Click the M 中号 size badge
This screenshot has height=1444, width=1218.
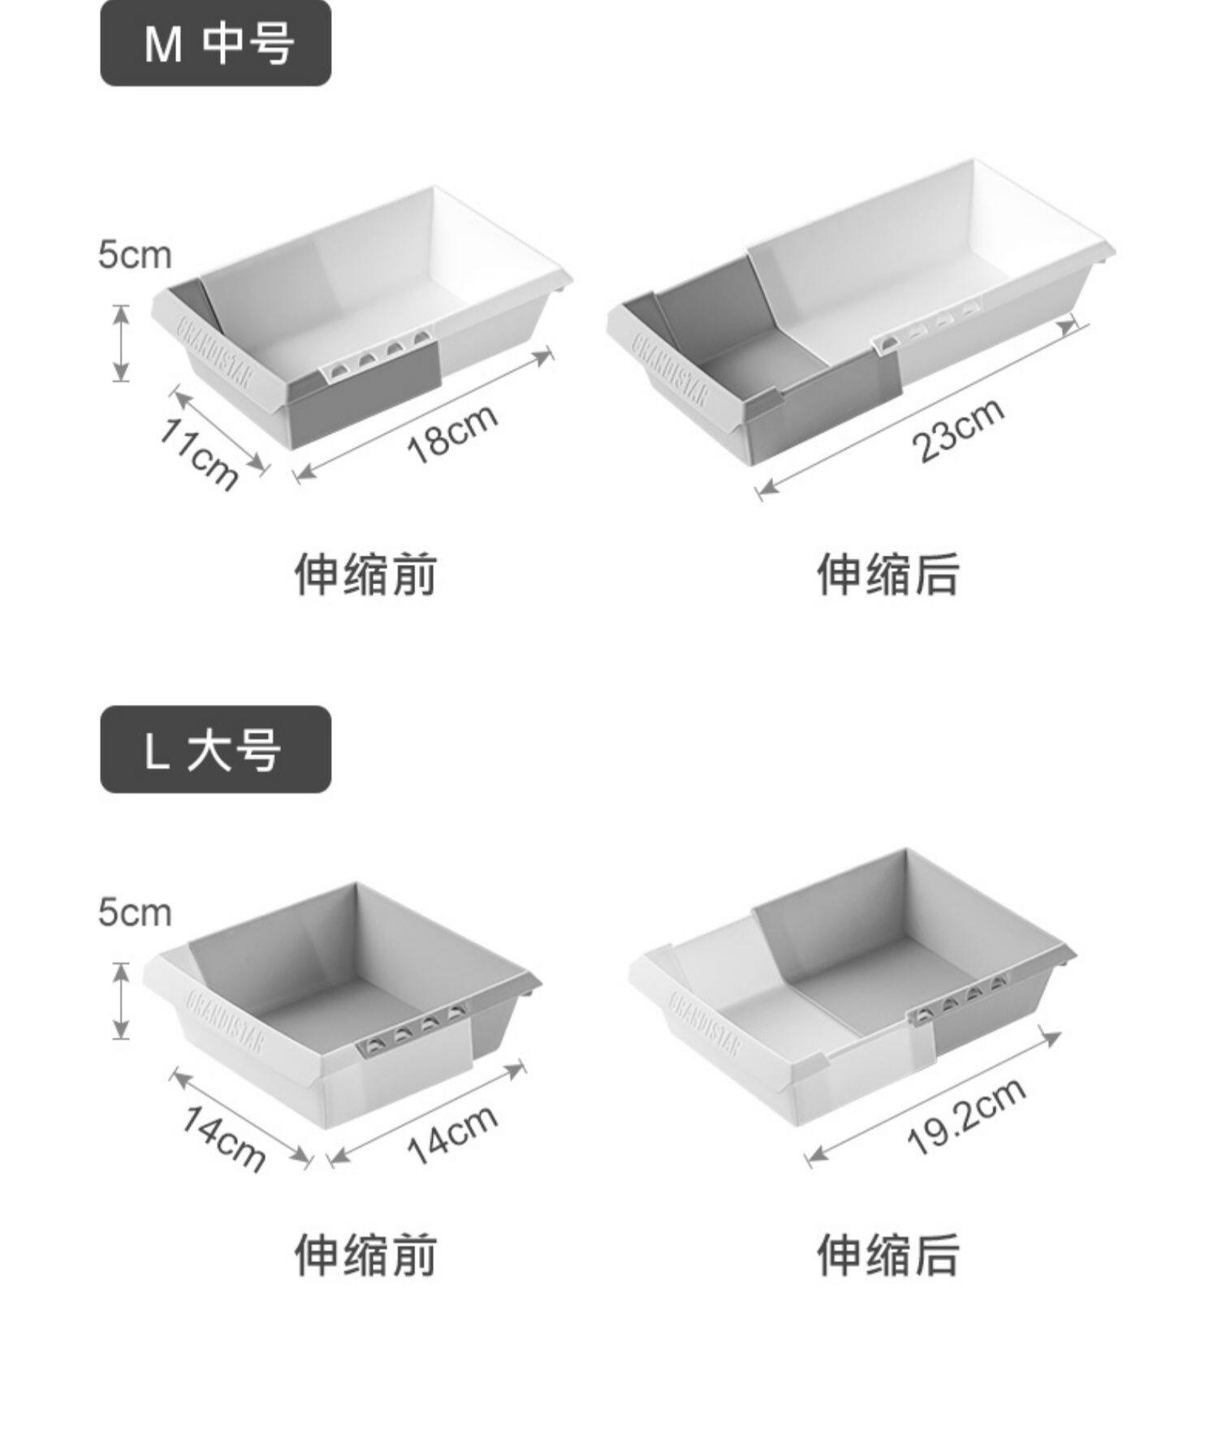pyautogui.click(x=215, y=42)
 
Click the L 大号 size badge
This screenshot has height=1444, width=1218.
pyautogui.click(x=215, y=748)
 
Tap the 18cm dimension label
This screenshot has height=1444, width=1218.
pyautogui.click(x=452, y=433)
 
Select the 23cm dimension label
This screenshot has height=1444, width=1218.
pyautogui.click(x=959, y=430)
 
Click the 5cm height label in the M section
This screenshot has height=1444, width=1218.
pyautogui.click(x=135, y=255)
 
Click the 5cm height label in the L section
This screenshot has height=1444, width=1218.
pyautogui.click(x=135, y=912)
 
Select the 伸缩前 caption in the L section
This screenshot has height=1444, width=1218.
pyautogui.click(x=365, y=1254)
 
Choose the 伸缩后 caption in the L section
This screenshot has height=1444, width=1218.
pyautogui.click(x=888, y=1254)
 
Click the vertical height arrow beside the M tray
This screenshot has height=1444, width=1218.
pyautogui.click(x=121, y=343)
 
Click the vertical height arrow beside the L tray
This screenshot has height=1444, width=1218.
pyautogui.click(x=121, y=1000)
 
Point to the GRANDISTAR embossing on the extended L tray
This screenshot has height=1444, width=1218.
pyautogui.click(x=704, y=1024)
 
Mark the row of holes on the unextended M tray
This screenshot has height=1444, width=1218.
pyautogui.click(x=378, y=354)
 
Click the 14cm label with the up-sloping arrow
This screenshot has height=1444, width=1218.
pyautogui.click(x=452, y=1134)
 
